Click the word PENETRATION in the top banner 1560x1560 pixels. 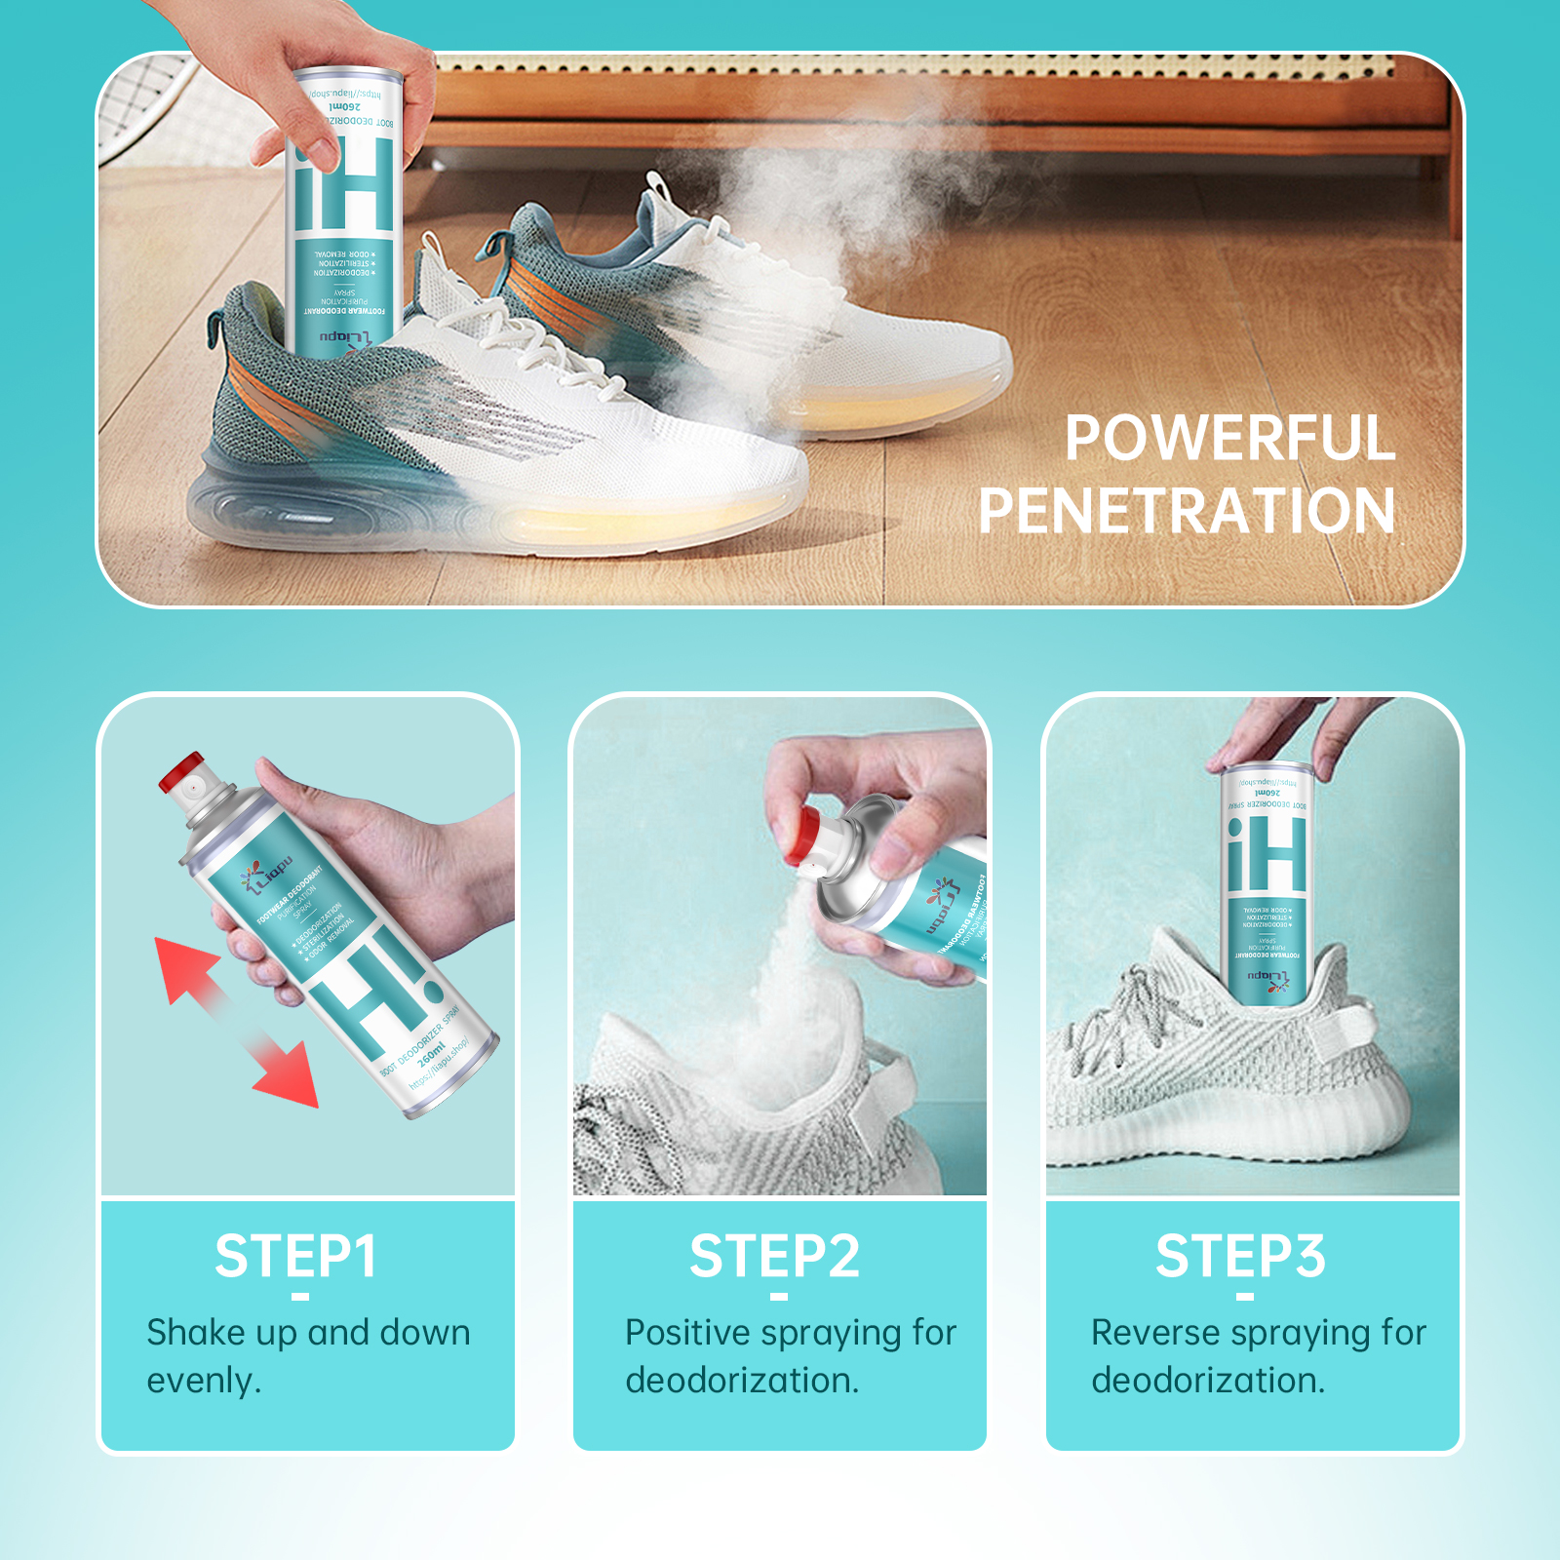click(x=1187, y=511)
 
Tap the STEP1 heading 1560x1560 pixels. click(x=295, y=1256)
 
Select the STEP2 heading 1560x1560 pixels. click(x=774, y=1256)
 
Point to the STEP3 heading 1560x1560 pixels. click(x=1240, y=1256)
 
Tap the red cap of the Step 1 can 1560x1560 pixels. click(x=183, y=772)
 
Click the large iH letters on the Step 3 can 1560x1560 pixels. click(x=1267, y=856)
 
